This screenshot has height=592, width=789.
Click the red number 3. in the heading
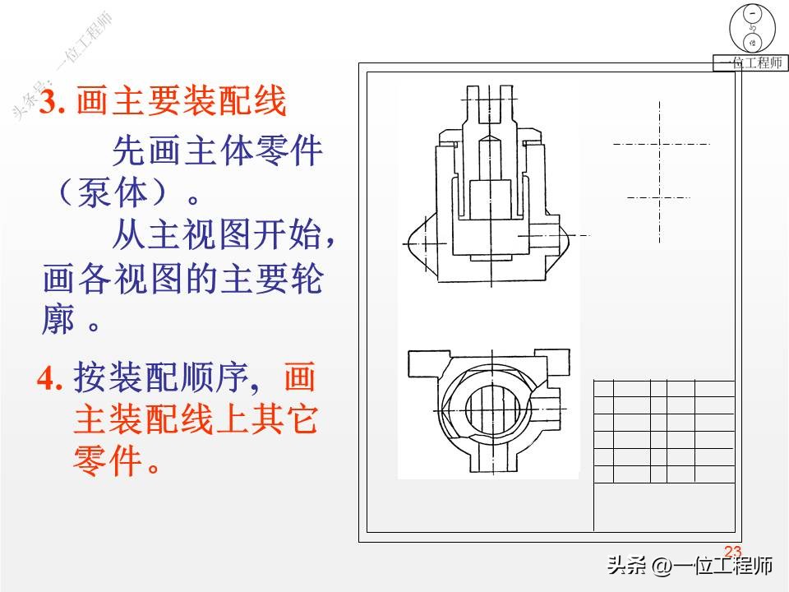54,104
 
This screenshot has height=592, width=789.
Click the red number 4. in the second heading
51,379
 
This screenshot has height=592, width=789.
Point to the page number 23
732,552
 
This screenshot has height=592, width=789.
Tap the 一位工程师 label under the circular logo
750,63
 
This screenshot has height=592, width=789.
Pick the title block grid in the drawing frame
663,431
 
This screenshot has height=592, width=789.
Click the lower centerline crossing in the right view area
660,197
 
